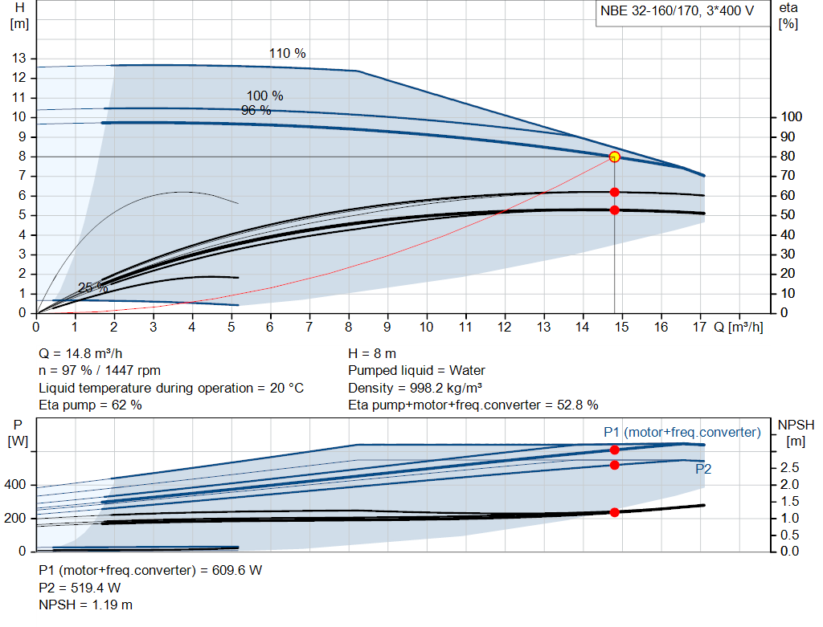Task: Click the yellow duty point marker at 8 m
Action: [x=614, y=157]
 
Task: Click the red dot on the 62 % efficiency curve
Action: [x=614, y=192]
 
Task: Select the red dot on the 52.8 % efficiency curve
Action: [x=614, y=210]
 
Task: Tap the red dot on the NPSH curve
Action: [x=614, y=512]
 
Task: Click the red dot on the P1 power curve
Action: [x=614, y=450]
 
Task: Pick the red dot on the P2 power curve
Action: [x=614, y=465]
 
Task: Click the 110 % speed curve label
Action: [x=287, y=54]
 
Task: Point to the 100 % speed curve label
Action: [x=264, y=96]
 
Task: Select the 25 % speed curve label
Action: [x=92, y=287]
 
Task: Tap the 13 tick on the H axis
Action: [x=18, y=58]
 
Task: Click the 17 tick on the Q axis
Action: [x=700, y=328]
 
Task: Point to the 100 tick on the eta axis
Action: [x=790, y=117]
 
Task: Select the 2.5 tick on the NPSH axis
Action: [x=790, y=467]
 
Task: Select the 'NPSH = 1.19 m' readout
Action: [x=86, y=605]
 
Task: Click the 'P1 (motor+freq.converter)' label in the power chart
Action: [x=682, y=433]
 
